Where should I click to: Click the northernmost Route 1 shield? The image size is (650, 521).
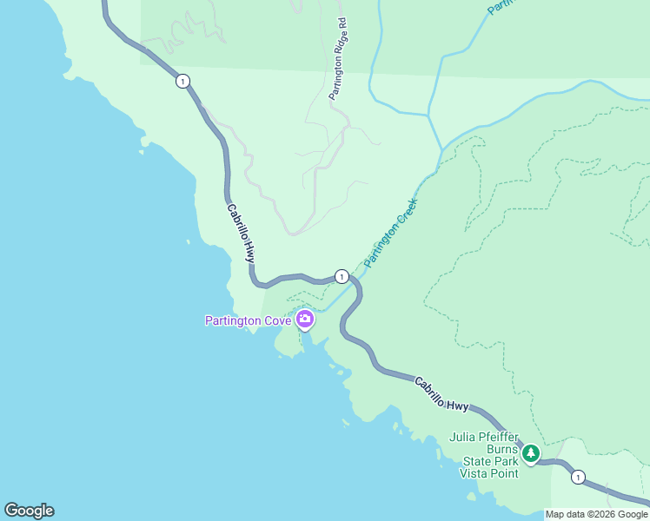pyautogui.click(x=182, y=81)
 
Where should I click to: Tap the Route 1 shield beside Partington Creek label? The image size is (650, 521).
pyautogui.click(x=342, y=276)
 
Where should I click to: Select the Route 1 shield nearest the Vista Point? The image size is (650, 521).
pyautogui.click(x=578, y=477)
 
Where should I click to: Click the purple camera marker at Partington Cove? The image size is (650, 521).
pyautogui.click(x=305, y=320)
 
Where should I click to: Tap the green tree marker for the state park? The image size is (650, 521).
pyautogui.click(x=530, y=452)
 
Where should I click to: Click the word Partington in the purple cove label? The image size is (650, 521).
pyautogui.click(x=232, y=320)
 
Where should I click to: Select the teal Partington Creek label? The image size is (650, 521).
pyautogui.click(x=391, y=232)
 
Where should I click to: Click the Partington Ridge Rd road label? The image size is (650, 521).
pyautogui.click(x=338, y=58)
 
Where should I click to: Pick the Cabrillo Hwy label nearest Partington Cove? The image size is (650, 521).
pyautogui.click(x=241, y=233)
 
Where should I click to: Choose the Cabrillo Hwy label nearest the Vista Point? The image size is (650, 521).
pyautogui.click(x=441, y=393)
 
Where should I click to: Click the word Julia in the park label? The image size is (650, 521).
pyautogui.click(x=462, y=437)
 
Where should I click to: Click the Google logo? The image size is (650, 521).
pyautogui.click(x=29, y=511)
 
